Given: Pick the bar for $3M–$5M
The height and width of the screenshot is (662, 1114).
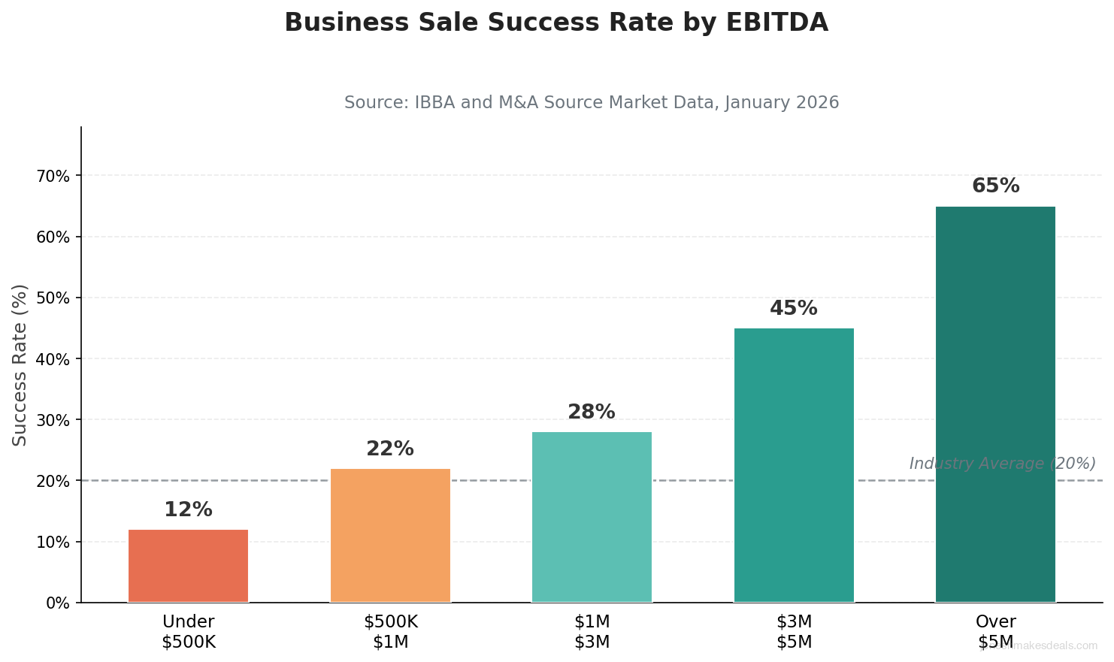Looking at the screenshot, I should (794, 465).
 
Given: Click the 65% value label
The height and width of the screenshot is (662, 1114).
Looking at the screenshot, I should (995, 186).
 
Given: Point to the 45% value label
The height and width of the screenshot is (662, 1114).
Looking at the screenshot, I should (793, 308).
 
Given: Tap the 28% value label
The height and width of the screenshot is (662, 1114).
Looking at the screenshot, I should (591, 412).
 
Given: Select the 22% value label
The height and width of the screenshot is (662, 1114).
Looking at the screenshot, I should (389, 449).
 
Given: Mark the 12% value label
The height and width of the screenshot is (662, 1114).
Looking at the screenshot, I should (188, 509).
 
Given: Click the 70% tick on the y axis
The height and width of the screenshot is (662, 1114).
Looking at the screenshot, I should (52, 176).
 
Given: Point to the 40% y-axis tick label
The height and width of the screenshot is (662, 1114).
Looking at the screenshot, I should (52, 359).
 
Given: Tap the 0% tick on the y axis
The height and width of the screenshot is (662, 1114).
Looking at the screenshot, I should (57, 603).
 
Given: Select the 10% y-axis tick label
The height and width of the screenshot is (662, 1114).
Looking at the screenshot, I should (52, 542).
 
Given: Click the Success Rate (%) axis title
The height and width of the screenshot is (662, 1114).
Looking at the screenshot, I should (20, 364).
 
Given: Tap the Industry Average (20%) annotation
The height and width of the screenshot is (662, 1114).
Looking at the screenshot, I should (1002, 464).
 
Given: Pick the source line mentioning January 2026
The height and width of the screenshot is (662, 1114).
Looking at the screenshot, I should (592, 102).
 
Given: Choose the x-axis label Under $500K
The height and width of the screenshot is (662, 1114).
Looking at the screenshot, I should (188, 632).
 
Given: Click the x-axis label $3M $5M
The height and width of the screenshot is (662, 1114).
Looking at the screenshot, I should (794, 632).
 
